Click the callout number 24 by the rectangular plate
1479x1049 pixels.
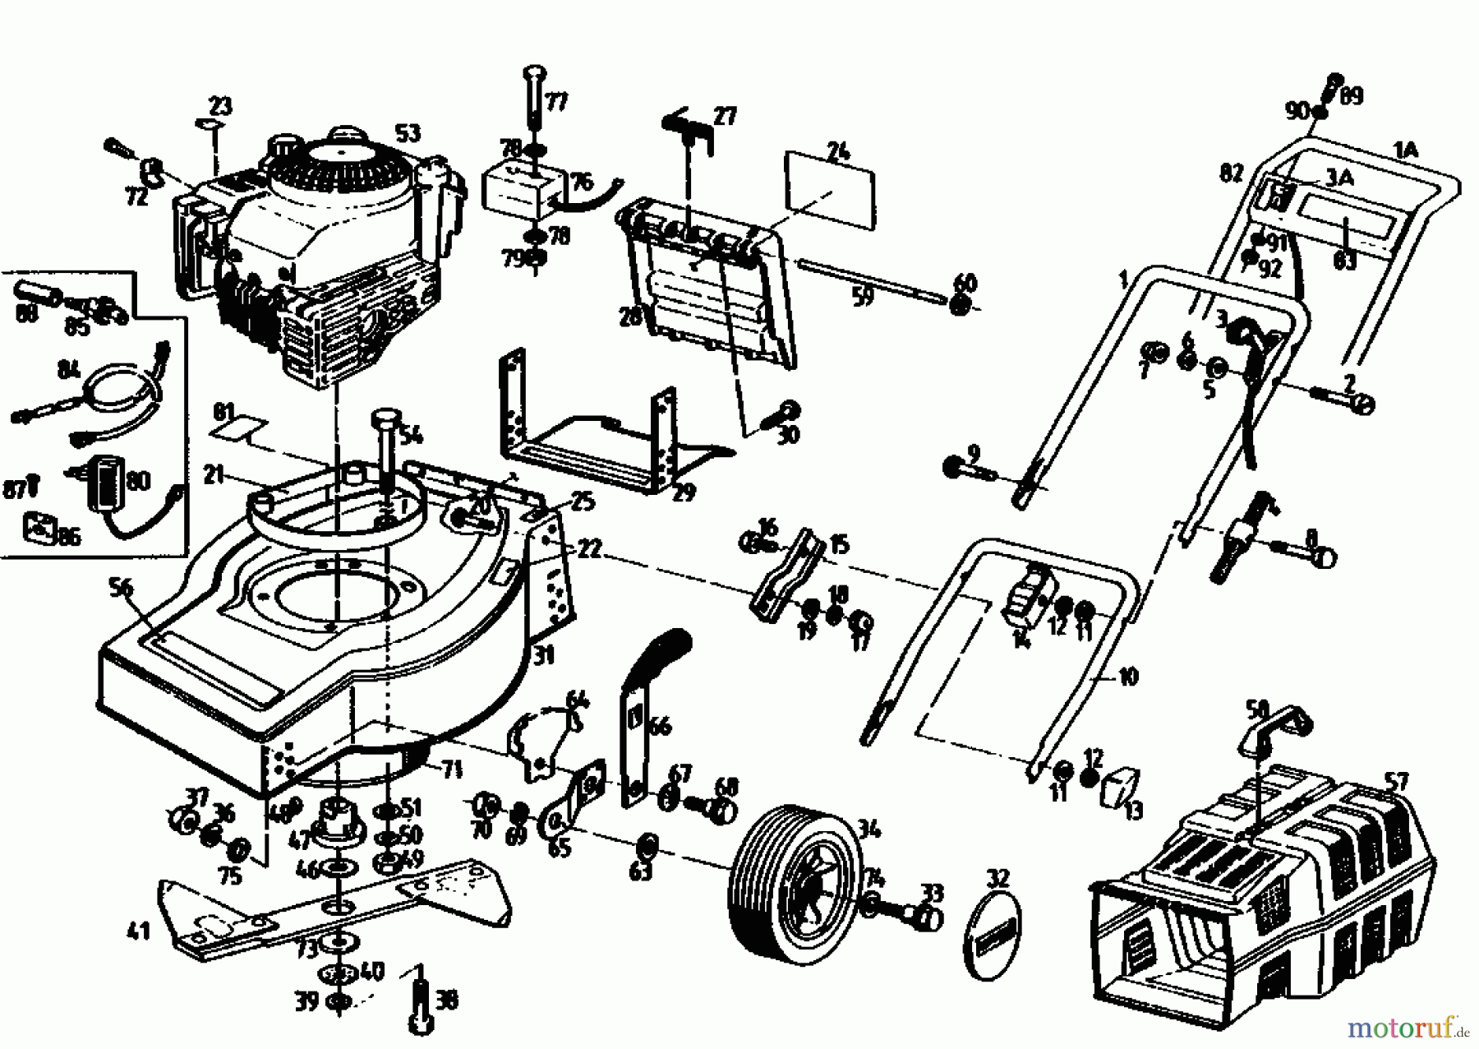point(838,152)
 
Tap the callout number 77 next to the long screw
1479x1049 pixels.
point(556,103)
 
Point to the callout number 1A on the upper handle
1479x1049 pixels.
point(1406,150)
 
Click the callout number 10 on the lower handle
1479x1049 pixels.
point(1129,677)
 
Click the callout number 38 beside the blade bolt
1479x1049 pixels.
point(446,1000)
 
